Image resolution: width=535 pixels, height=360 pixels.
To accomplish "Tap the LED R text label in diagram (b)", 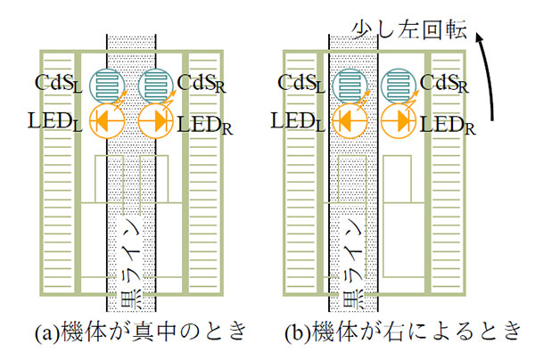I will pyautogui.click(x=451, y=123).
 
